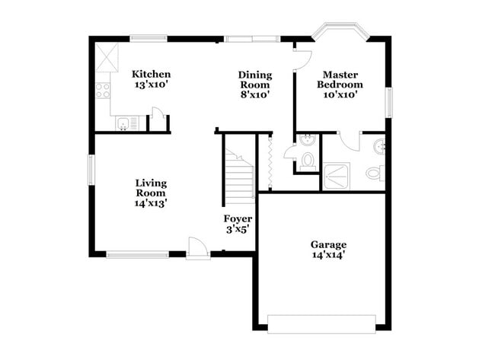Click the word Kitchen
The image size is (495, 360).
click(151, 74)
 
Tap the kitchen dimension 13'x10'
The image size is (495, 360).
click(151, 84)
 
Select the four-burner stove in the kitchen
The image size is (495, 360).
click(102, 90)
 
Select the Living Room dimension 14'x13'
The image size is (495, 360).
click(151, 203)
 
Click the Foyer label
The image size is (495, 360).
click(238, 218)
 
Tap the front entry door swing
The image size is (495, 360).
click(197, 247)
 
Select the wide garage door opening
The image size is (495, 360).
click(321, 323)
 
